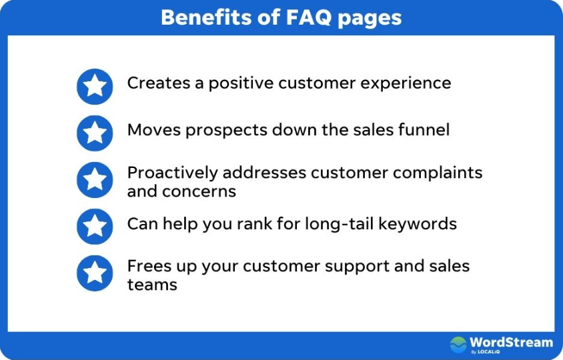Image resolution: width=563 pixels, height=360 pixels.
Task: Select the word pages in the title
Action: click(369, 18)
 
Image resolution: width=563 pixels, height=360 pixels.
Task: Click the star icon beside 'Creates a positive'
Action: click(95, 86)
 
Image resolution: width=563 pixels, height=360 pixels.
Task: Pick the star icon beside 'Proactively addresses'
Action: click(95, 179)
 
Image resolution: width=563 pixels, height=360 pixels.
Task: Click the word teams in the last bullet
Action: click(152, 285)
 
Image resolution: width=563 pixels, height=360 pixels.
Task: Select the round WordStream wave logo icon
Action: click(458, 345)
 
